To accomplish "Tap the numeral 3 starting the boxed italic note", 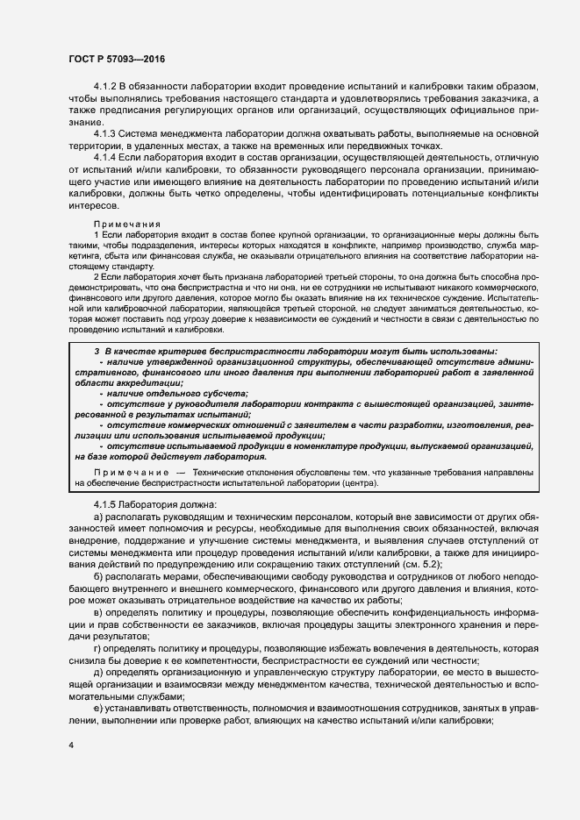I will [96, 350].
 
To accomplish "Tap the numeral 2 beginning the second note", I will [96, 275].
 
